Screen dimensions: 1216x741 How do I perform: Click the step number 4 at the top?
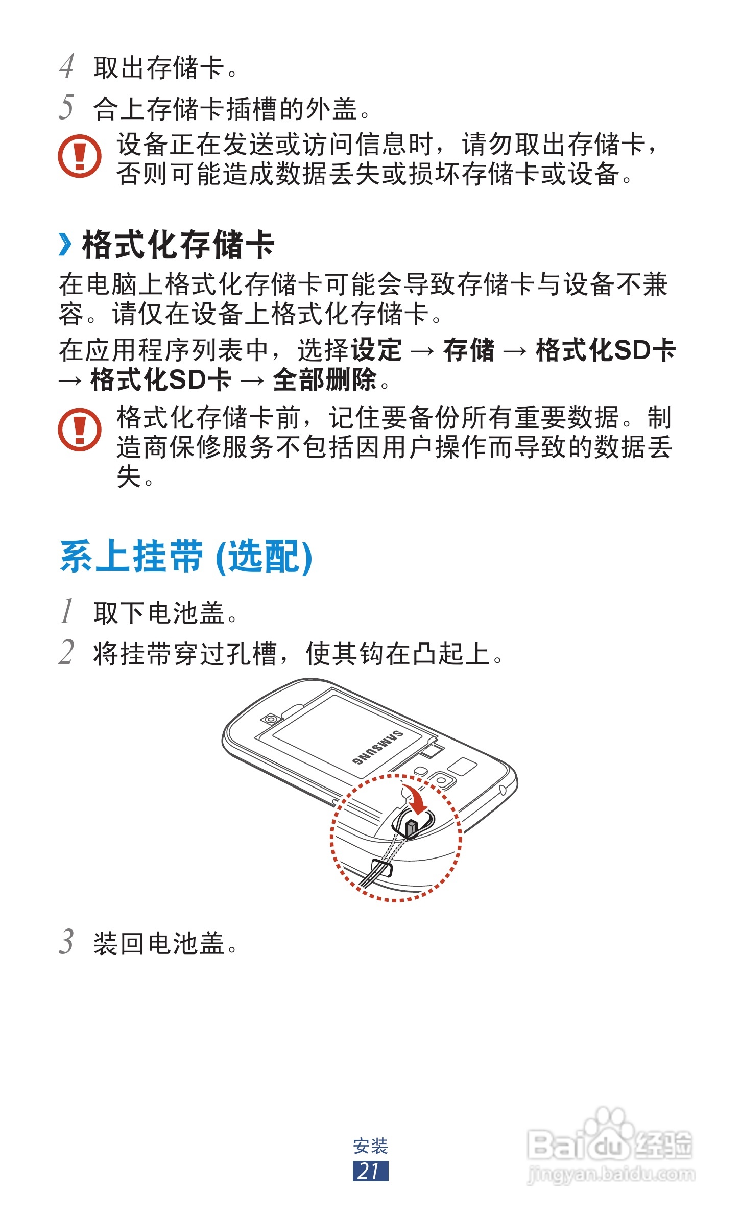pos(67,67)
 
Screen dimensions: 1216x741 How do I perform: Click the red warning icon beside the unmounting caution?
pos(80,156)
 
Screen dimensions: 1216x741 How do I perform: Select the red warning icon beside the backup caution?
pos(80,429)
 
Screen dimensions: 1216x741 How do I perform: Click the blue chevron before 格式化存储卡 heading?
pos(65,244)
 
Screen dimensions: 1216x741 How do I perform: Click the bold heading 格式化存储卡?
pos(178,245)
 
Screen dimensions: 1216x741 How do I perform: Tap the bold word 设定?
pos(376,350)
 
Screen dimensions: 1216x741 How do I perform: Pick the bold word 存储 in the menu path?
pos(469,350)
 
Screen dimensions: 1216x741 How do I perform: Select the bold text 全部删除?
pos(325,380)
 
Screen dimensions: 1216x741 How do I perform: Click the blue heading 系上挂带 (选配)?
pos(186,557)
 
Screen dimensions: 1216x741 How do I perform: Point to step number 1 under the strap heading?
pos(67,611)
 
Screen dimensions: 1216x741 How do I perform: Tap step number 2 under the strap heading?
pos(67,652)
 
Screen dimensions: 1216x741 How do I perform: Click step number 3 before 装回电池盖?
pos(67,941)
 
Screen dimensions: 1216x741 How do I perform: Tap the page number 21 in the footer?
pos(370,1171)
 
